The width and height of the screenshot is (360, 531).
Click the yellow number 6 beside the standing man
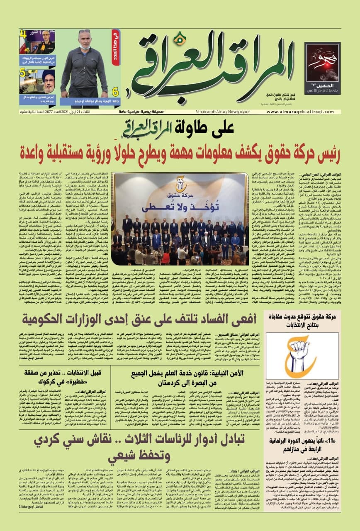[x=115, y=92]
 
